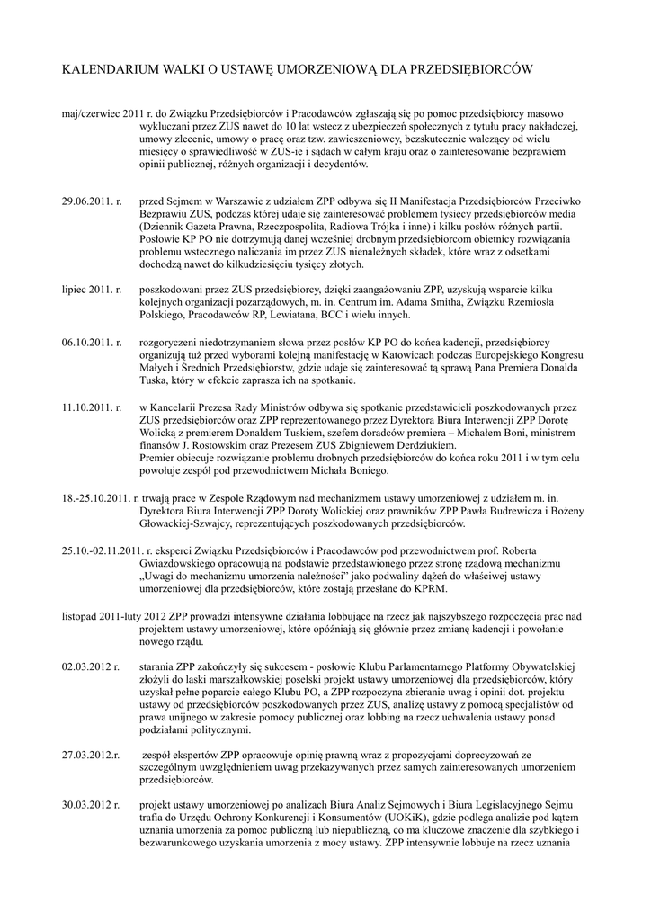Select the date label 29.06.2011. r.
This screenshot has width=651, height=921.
[92, 203]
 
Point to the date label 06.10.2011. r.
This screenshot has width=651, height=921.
[92, 343]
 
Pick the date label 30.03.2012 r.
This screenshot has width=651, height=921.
[91, 802]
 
